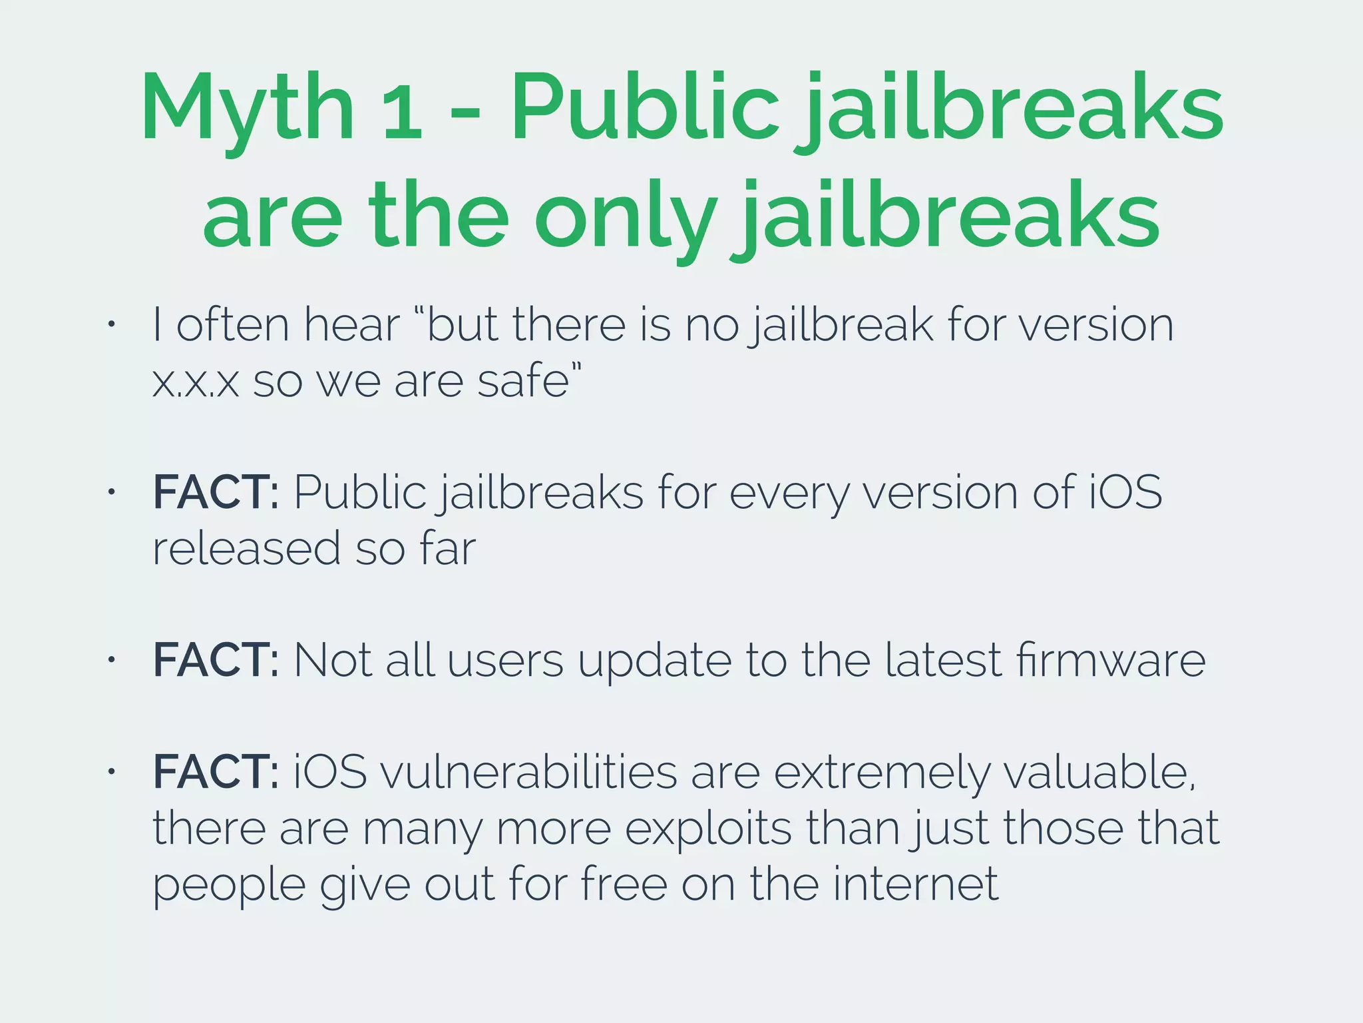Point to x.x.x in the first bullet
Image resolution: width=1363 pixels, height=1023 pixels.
click(x=195, y=383)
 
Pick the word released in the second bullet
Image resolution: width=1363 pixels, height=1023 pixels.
click(x=246, y=549)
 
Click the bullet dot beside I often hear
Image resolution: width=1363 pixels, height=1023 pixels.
click(x=112, y=325)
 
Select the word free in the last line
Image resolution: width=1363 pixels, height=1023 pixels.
click(x=624, y=884)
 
